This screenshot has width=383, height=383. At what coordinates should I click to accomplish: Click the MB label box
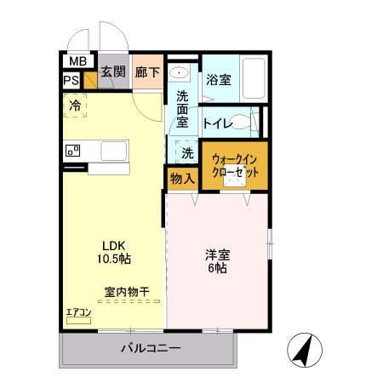coord(77,61)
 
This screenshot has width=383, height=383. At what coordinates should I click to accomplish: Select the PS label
coord(71,81)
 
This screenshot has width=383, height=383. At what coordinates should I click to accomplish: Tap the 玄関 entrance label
coord(113,72)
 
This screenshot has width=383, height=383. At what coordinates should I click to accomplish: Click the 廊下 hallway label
coord(147,72)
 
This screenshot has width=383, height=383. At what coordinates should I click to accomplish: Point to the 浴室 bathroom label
coord(219,80)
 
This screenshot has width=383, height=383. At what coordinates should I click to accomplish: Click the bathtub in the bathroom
coord(254,78)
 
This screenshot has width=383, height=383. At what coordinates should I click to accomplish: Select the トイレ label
coord(219,123)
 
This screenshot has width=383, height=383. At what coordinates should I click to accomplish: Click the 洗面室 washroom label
coord(182,109)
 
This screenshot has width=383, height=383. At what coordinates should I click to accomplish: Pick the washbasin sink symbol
coord(179,73)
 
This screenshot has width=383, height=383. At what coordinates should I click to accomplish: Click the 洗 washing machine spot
coord(187,153)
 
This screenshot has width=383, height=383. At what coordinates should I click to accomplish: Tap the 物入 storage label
coord(181,178)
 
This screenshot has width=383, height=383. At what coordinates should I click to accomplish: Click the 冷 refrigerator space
coord(75,106)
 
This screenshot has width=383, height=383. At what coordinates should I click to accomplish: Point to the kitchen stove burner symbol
coord(72,151)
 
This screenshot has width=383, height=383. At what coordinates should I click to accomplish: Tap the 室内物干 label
coord(127,292)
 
